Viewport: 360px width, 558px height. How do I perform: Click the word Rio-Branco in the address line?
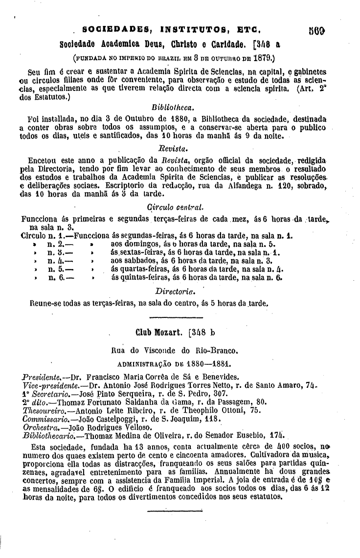[216, 350]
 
